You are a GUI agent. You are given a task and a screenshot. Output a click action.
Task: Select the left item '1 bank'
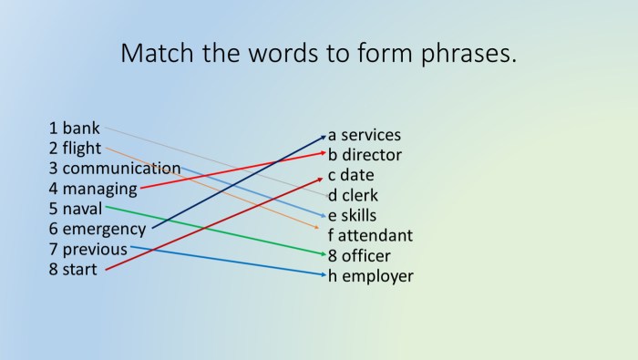[x=75, y=129]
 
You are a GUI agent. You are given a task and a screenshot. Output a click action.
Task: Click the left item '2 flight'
[x=76, y=149]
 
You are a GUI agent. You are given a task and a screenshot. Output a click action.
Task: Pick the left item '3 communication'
[x=115, y=169]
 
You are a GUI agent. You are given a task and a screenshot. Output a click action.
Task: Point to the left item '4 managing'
[x=93, y=189]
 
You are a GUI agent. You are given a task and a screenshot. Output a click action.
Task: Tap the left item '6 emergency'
[x=98, y=229]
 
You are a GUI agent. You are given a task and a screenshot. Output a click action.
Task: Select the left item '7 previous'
[x=88, y=249]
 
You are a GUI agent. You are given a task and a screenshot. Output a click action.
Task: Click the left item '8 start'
[x=74, y=269]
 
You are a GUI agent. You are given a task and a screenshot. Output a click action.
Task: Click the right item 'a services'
[x=365, y=135]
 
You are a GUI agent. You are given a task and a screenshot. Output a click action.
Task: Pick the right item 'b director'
[x=365, y=155]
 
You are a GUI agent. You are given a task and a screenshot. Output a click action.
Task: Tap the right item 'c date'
[x=352, y=175]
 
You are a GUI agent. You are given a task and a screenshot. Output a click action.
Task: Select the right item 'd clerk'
[x=354, y=195]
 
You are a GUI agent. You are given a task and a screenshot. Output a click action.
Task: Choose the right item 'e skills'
[x=353, y=215]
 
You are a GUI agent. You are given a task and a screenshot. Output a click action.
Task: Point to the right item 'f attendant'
[x=370, y=235]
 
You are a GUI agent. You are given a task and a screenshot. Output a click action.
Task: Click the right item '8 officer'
[x=360, y=255]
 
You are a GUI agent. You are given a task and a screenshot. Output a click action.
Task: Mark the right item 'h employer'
[x=370, y=275]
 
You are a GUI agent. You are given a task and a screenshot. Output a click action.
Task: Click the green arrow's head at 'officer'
[x=323, y=254]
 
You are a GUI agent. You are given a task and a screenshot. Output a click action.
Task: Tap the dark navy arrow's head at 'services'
[x=323, y=136]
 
